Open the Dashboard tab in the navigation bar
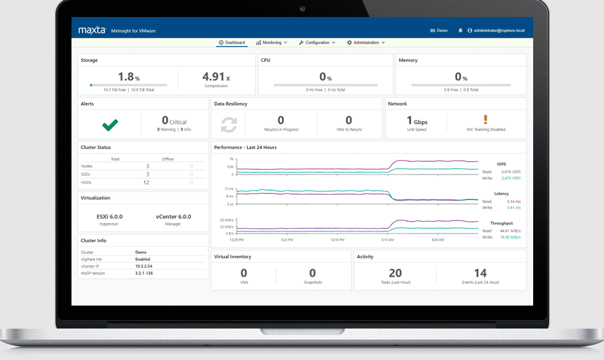[x=232, y=43]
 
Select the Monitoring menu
[x=272, y=43]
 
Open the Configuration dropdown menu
[x=317, y=43]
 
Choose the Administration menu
[x=365, y=43]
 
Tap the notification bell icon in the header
[x=460, y=30]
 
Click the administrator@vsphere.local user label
[x=500, y=30]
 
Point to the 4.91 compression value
[x=214, y=77]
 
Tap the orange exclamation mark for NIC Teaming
[x=486, y=119]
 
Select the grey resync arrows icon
[x=229, y=123]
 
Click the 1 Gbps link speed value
[x=417, y=121]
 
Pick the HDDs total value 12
[x=146, y=182]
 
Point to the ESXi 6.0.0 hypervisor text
[x=110, y=216]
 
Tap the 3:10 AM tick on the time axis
[x=388, y=240]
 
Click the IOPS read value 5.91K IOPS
[x=510, y=172]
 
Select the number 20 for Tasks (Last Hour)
[x=395, y=273]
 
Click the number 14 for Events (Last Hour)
[x=481, y=273]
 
